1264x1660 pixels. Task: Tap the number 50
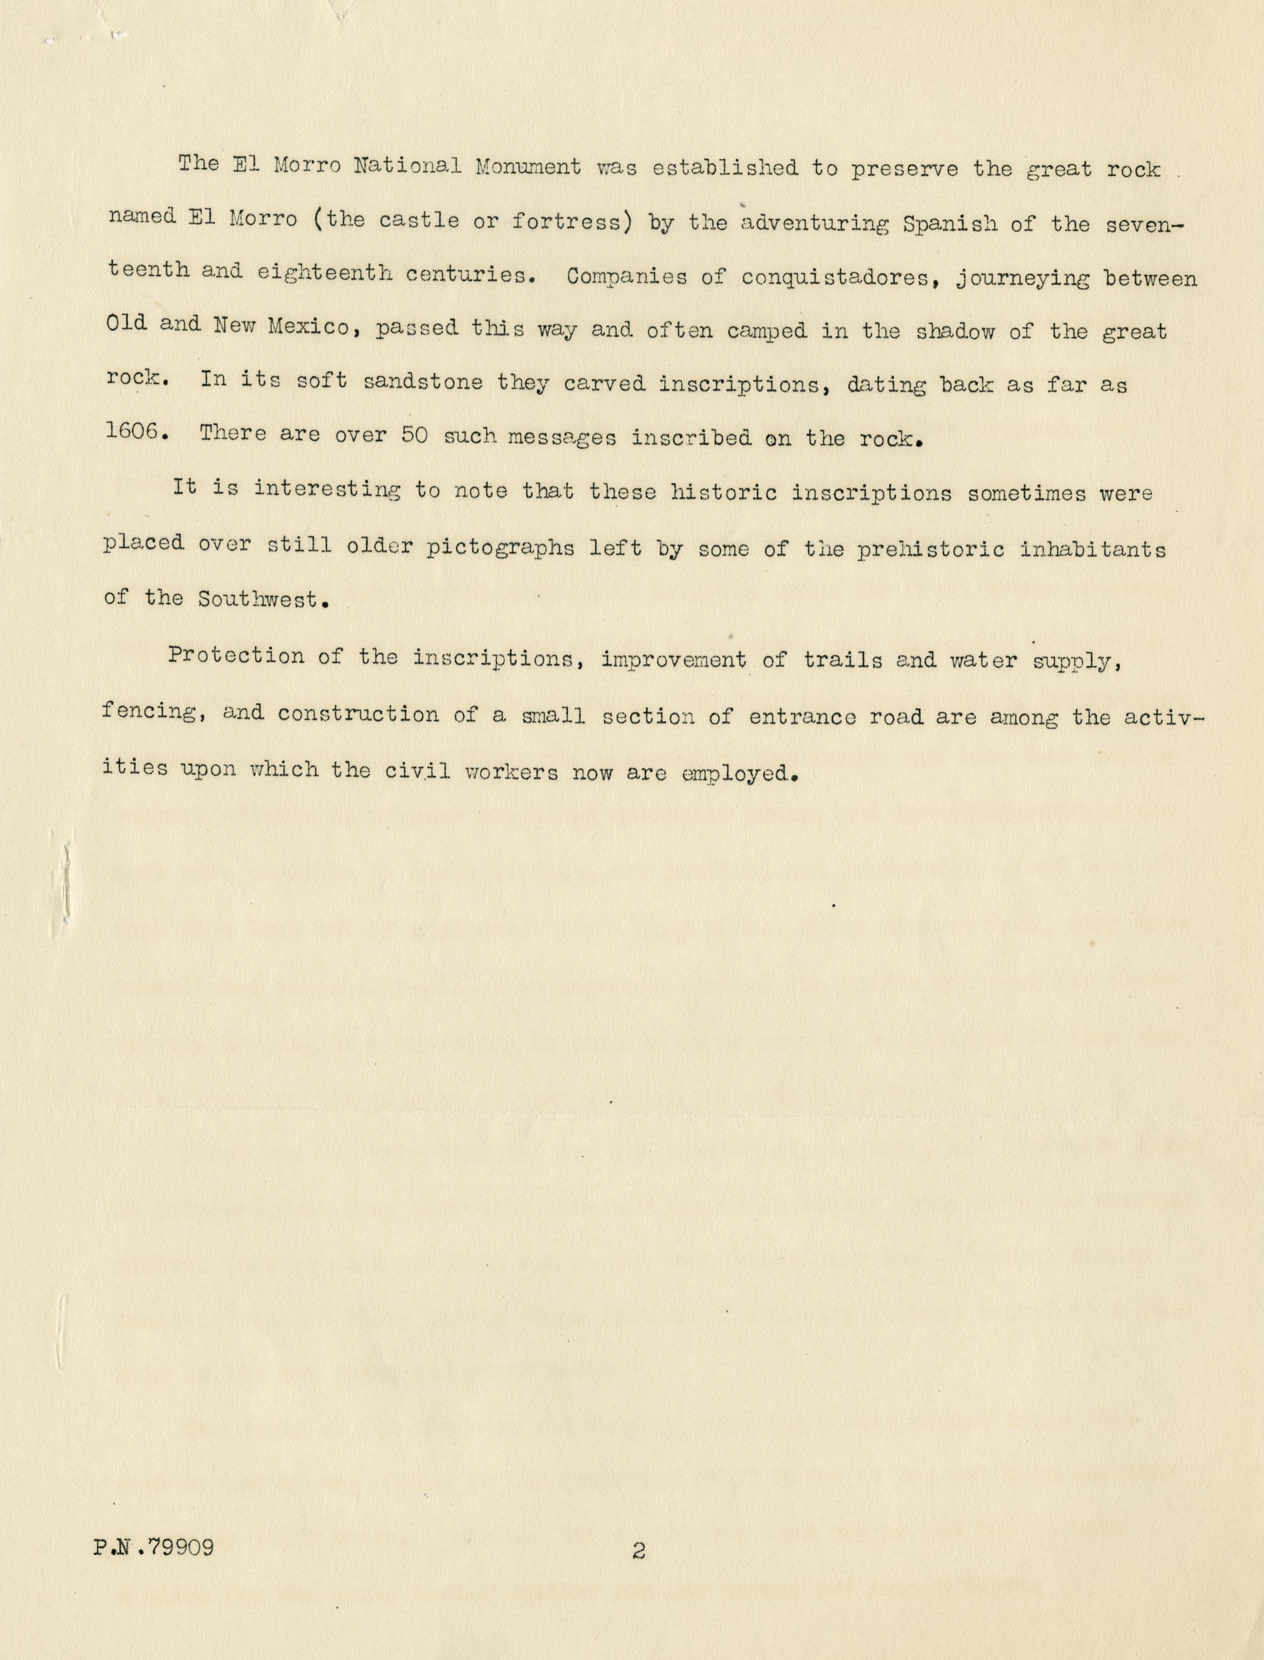point(415,435)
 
